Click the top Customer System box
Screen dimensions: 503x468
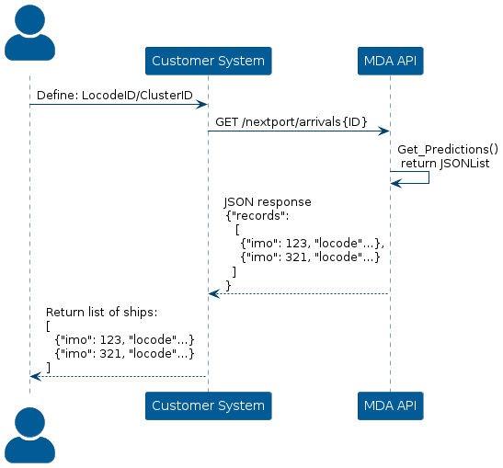[209, 61]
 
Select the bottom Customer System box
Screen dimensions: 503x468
[209, 405]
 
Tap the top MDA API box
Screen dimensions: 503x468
[391, 61]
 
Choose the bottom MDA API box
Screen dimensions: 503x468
[391, 405]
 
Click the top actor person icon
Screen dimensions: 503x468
[29, 33]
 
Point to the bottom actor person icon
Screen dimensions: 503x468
[29, 435]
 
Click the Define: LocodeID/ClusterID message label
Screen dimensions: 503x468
[115, 96]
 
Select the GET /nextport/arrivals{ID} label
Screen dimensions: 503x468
[291, 122]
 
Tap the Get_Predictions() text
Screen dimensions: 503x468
[448, 150]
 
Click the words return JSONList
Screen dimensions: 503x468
[445, 164]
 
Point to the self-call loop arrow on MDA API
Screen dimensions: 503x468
[429, 177]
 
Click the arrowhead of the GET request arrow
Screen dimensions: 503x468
[384, 131]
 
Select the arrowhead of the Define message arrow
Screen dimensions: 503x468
[201, 105]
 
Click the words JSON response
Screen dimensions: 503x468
[268, 202]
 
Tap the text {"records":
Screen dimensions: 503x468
[257, 216]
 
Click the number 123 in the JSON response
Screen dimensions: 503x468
[296, 244]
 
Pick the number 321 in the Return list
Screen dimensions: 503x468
[110, 354]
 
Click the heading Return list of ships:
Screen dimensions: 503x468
[102, 312]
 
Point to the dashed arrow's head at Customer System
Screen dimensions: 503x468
[214, 293]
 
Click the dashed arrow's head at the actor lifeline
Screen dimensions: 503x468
[36, 376]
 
